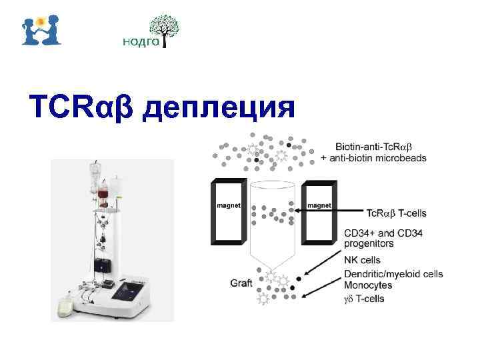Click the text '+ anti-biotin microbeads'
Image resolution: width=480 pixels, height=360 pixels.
373,157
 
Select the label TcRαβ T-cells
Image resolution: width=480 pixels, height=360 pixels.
397,213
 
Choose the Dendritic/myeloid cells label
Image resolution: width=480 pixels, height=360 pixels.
393,273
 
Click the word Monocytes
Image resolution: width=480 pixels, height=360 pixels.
368,285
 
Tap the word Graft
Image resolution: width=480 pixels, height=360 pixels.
241,283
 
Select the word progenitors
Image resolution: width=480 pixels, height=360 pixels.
369,243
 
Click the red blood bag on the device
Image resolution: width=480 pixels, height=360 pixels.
103,197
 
